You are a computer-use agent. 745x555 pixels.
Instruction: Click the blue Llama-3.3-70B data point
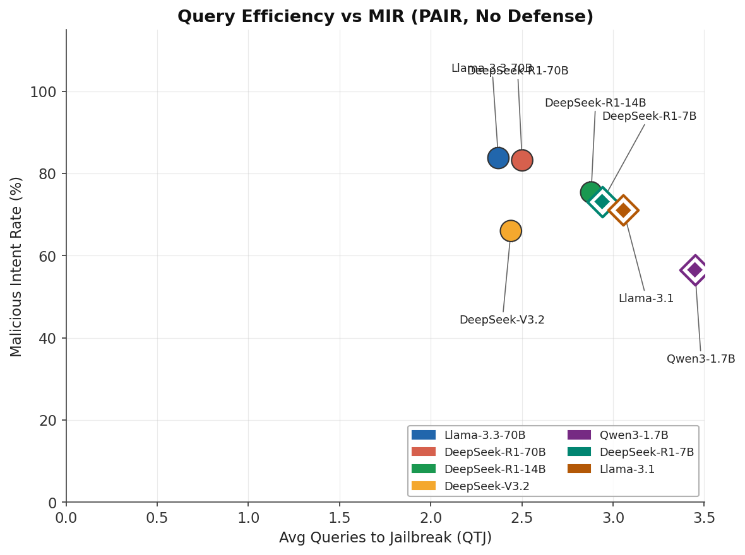pyautogui.click(x=498, y=158)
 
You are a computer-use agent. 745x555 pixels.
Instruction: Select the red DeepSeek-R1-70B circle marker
pyautogui.click(x=522, y=160)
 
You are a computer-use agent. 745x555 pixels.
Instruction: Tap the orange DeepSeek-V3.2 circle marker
pyautogui.click(x=511, y=231)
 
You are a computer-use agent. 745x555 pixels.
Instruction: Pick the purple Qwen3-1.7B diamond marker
pyautogui.click(x=694, y=270)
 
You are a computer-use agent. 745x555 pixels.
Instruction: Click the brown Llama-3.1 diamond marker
pyautogui.click(x=623, y=210)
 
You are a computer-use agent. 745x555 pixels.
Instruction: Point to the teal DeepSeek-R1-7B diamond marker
pyautogui.click(x=602, y=202)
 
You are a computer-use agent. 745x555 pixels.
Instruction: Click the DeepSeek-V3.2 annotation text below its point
pyautogui.click(x=502, y=320)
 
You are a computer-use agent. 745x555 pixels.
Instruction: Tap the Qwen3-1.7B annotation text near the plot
pyautogui.click(x=701, y=359)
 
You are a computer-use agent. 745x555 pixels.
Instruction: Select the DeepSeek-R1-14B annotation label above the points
pyautogui.click(x=595, y=103)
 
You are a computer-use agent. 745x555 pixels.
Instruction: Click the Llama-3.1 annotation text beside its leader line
pyautogui.click(x=646, y=298)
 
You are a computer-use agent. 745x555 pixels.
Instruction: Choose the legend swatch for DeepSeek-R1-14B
pyautogui.click(x=424, y=469)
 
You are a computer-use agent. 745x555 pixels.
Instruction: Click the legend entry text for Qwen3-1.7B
pyautogui.click(x=634, y=435)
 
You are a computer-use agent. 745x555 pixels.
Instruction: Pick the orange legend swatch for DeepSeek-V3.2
pyautogui.click(x=424, y=486)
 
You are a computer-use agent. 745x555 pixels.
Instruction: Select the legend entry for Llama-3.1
pyautogui.click(x=627, y=469)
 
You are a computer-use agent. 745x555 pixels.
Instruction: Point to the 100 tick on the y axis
pyautogui.click(x=43, y=92)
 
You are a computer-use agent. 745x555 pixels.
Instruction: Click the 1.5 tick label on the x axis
pyautogui.click(x=340, y=518)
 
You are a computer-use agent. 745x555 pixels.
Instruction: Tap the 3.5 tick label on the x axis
pyautogui.click(x=704, y=518)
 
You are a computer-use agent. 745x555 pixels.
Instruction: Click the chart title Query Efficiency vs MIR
pyautogui.click(x=385, y=17)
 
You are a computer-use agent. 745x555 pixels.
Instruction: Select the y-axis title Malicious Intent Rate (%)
pyautogui.click(x=16, y=266)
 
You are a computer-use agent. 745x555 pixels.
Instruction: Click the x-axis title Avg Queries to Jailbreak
pyautogui.click(x=385, y=538)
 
